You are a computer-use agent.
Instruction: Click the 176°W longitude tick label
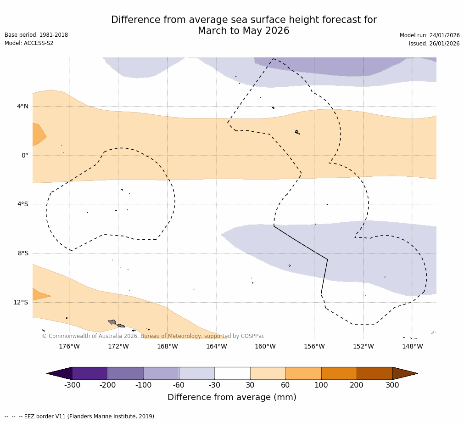click(69, 346)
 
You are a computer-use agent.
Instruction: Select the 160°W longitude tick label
click(265, 346)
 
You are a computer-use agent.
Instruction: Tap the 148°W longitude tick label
click(412, 346)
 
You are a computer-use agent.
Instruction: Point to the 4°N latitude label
click(22, 107)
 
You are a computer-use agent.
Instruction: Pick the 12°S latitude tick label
click(21, 302)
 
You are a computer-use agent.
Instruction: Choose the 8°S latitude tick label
click(23, 253)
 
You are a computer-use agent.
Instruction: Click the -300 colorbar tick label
click(72, 385)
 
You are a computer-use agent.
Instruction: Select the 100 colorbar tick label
click(321, 385)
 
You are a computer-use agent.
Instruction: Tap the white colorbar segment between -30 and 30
click(232, 373)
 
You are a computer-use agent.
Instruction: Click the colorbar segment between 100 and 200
click(339, 373)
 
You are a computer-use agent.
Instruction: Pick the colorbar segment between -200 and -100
click(125, 373)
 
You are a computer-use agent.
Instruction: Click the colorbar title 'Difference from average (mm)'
click(232, 398)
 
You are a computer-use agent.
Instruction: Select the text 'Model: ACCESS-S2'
click(29, 43)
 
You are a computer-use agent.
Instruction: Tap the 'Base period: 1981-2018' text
click(36, 35)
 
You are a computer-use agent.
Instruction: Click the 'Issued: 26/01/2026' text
click(434, 44)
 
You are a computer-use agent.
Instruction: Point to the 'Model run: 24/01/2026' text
click(430, 35)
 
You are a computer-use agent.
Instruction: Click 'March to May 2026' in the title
click(243, 31)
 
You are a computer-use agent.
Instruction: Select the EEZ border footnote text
click(80, 416)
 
